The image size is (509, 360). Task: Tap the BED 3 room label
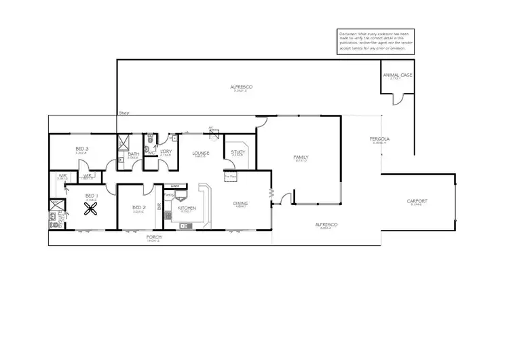(81, 149)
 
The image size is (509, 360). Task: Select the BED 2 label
(138, 207)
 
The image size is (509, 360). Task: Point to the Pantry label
(169, 195)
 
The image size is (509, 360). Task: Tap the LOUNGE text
(200, 154)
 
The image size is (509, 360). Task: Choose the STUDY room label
(238, 152)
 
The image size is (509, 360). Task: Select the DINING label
(241, 202)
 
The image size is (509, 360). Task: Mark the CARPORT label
(417, 201)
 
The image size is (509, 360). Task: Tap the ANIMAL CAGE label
(397, 75)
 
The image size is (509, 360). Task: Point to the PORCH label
(155, 238)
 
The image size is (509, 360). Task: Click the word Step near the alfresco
(124, 113)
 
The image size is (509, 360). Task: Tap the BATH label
(133, 154)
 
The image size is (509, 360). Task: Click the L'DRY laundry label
(165, 151)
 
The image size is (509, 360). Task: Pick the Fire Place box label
(229, 177)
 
